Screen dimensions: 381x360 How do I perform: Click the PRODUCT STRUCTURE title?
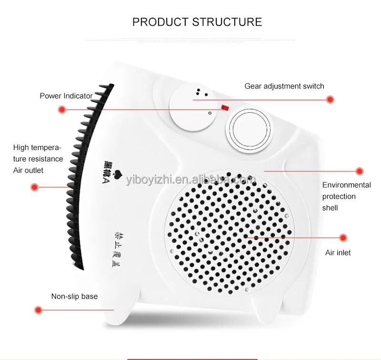click(x=197, y=22)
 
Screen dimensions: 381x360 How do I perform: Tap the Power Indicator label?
click(x=66, y=96)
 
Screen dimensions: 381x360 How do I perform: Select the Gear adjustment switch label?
click(x=284, y=86)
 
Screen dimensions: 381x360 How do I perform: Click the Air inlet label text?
click(x=338, y=253)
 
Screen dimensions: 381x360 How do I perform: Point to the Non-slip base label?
click(x=74, y=297)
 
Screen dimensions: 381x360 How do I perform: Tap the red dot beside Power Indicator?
click(x=61, y=110)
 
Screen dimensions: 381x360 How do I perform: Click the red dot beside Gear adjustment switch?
click(x=330, y=100)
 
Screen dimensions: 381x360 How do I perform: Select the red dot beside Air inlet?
click(x=342, y=237)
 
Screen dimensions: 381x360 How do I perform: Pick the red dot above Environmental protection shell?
click(x=360, y=171)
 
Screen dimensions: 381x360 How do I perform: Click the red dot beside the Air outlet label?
click(x=34, y=187)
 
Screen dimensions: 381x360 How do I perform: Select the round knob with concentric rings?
click(x=250, y=130)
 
